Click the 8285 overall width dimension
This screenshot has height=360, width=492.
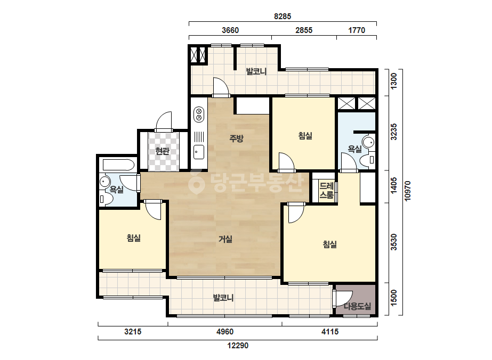283,17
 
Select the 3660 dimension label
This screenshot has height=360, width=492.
230,30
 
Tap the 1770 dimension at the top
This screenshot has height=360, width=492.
357,30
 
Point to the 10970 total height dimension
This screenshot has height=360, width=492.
408,191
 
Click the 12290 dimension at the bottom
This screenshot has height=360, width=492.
238,346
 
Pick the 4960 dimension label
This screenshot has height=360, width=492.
225,331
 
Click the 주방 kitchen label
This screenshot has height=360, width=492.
236,138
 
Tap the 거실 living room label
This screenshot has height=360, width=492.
225,239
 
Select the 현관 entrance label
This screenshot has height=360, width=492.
162,151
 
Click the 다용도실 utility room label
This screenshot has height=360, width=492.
357,306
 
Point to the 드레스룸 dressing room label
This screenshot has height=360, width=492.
326,191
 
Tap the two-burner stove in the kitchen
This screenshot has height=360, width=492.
199,114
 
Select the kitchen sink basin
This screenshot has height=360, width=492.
199,152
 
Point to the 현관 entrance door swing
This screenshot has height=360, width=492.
164,121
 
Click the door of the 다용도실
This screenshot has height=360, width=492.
343,298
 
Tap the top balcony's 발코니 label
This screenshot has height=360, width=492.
256,71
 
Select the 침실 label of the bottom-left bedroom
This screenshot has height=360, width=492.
134,238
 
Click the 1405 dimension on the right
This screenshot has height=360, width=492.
393,185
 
